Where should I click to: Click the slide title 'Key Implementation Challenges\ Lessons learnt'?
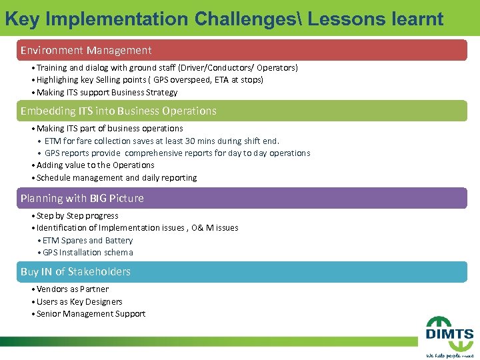tap(224, 18)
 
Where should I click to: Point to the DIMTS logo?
tap(450, 337)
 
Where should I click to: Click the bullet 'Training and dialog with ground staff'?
tap(167, 68)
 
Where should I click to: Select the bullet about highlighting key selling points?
tap(150, 80)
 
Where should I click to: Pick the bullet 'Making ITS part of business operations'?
tap(110, 128)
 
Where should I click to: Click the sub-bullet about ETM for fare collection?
tap(161, 141)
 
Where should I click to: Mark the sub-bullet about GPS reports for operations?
tap(177, 153)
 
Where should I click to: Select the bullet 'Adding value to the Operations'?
tap(95, 165)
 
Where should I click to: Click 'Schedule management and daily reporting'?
tap(117, 178)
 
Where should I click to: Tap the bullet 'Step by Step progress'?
tap(77, 216)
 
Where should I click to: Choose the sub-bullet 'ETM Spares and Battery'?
tap(87, 241)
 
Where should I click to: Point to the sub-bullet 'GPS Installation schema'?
tap(87, 253)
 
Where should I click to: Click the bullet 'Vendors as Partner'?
tap(73, 289)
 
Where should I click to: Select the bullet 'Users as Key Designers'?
tap(79, 302)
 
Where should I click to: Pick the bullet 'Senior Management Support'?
tap(91, 314)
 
